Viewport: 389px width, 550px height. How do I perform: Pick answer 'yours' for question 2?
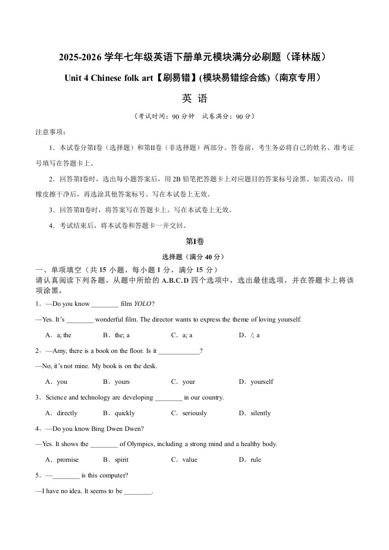click(122, 382)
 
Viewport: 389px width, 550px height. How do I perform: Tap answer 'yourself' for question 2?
click(261, 382)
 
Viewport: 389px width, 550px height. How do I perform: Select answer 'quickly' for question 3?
click(124, 413)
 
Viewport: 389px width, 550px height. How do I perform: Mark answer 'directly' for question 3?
click(67, 413)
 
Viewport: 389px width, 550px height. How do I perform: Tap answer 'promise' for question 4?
click(67, 460)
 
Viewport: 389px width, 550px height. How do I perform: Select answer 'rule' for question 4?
click(255, 460)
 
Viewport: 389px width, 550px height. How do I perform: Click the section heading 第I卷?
click(194, 241)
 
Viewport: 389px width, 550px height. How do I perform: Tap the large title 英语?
click(194, 99)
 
